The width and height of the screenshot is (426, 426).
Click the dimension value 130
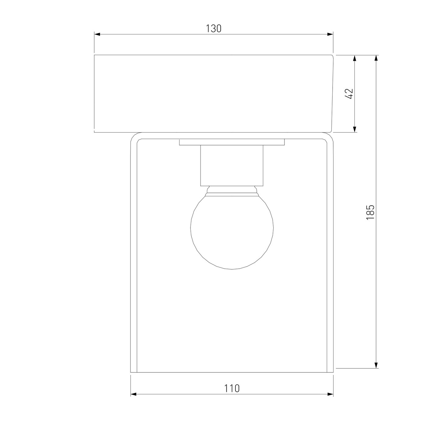[214, 29]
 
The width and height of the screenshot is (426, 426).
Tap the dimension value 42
[349, 93]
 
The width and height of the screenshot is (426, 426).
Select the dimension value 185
[370, 212]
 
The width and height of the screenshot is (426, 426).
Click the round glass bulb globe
[232, 232]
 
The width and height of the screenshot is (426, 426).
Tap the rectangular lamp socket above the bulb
[232, 166]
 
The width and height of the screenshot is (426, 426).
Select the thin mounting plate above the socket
[232, 142]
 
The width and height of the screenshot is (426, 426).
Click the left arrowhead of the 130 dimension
[97, 34]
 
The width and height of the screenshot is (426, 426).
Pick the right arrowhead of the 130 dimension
[330, 34]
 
